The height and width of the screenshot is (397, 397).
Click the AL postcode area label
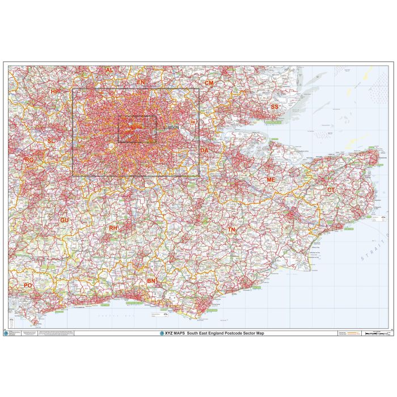(109, 70)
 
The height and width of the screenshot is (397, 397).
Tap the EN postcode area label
(141, 82)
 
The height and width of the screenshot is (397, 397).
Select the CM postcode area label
(209, 83)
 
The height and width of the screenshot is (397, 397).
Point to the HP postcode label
(54, 91)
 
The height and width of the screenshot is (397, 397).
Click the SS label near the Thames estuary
(274, 107)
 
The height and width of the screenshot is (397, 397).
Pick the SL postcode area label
(51, 140)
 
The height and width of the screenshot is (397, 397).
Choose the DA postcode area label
(204, 150)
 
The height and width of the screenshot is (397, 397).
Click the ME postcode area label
(271, 180)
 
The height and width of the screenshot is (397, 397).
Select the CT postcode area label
(331, 189)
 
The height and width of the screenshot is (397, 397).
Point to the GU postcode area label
(64, 219)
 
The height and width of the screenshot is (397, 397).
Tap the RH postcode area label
(113, 228)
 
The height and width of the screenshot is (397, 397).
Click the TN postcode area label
(231, 230)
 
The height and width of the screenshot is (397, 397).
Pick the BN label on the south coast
(151, 281)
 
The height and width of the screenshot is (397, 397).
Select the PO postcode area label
(28, 285)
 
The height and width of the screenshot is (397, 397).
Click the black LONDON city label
(171, 128)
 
